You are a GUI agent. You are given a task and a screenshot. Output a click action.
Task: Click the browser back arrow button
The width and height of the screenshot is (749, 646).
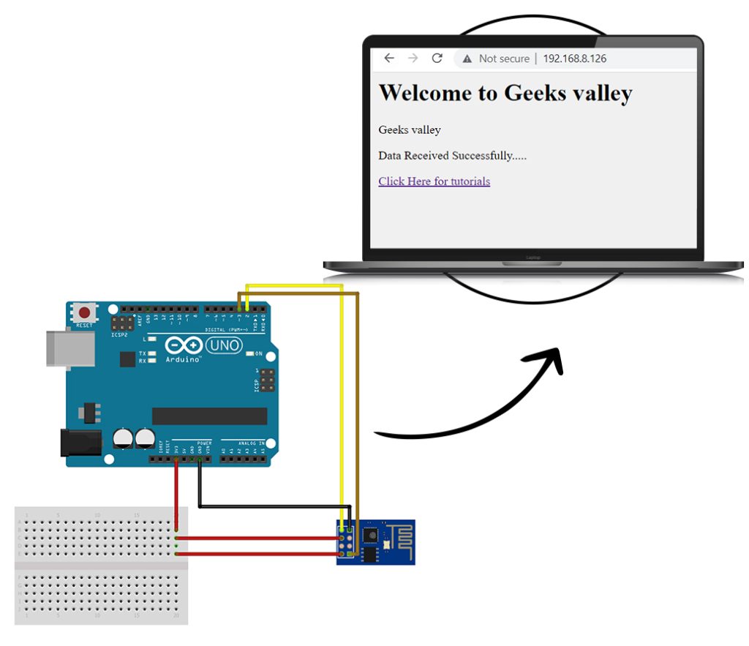(389, 59)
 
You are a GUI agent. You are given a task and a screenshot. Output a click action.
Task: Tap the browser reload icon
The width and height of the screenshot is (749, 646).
(437, 59)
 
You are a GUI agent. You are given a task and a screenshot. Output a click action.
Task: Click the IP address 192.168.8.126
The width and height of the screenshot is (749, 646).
(574, 59)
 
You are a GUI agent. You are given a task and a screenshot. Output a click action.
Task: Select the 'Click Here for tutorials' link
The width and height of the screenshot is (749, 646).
(434, 181)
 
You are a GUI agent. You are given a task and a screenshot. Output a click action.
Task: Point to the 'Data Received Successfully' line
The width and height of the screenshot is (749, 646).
(452, 156)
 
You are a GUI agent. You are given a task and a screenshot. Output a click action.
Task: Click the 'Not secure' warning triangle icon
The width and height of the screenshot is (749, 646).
(467, 59)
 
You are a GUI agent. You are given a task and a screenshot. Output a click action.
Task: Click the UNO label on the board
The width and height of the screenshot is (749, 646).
(224, 345)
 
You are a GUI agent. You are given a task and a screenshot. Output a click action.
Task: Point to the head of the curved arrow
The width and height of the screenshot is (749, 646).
(550, 358)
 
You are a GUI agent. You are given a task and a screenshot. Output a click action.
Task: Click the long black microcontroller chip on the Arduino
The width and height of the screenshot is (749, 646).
(209, 416)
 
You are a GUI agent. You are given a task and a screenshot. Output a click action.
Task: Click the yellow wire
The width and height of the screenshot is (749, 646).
(342, 402)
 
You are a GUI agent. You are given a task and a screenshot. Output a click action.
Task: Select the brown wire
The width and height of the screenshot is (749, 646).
(358, 402)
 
